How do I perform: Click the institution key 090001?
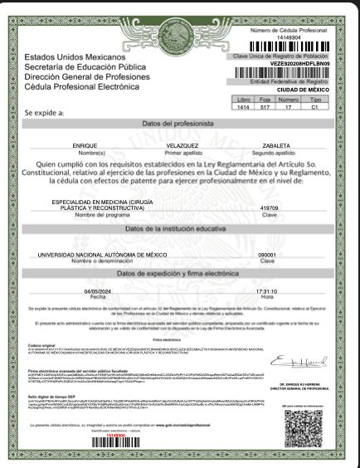point(267,255)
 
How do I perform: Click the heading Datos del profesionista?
point(179,123)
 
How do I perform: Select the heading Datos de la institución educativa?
point(179,228)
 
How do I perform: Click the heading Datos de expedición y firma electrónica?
point(179,273)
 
